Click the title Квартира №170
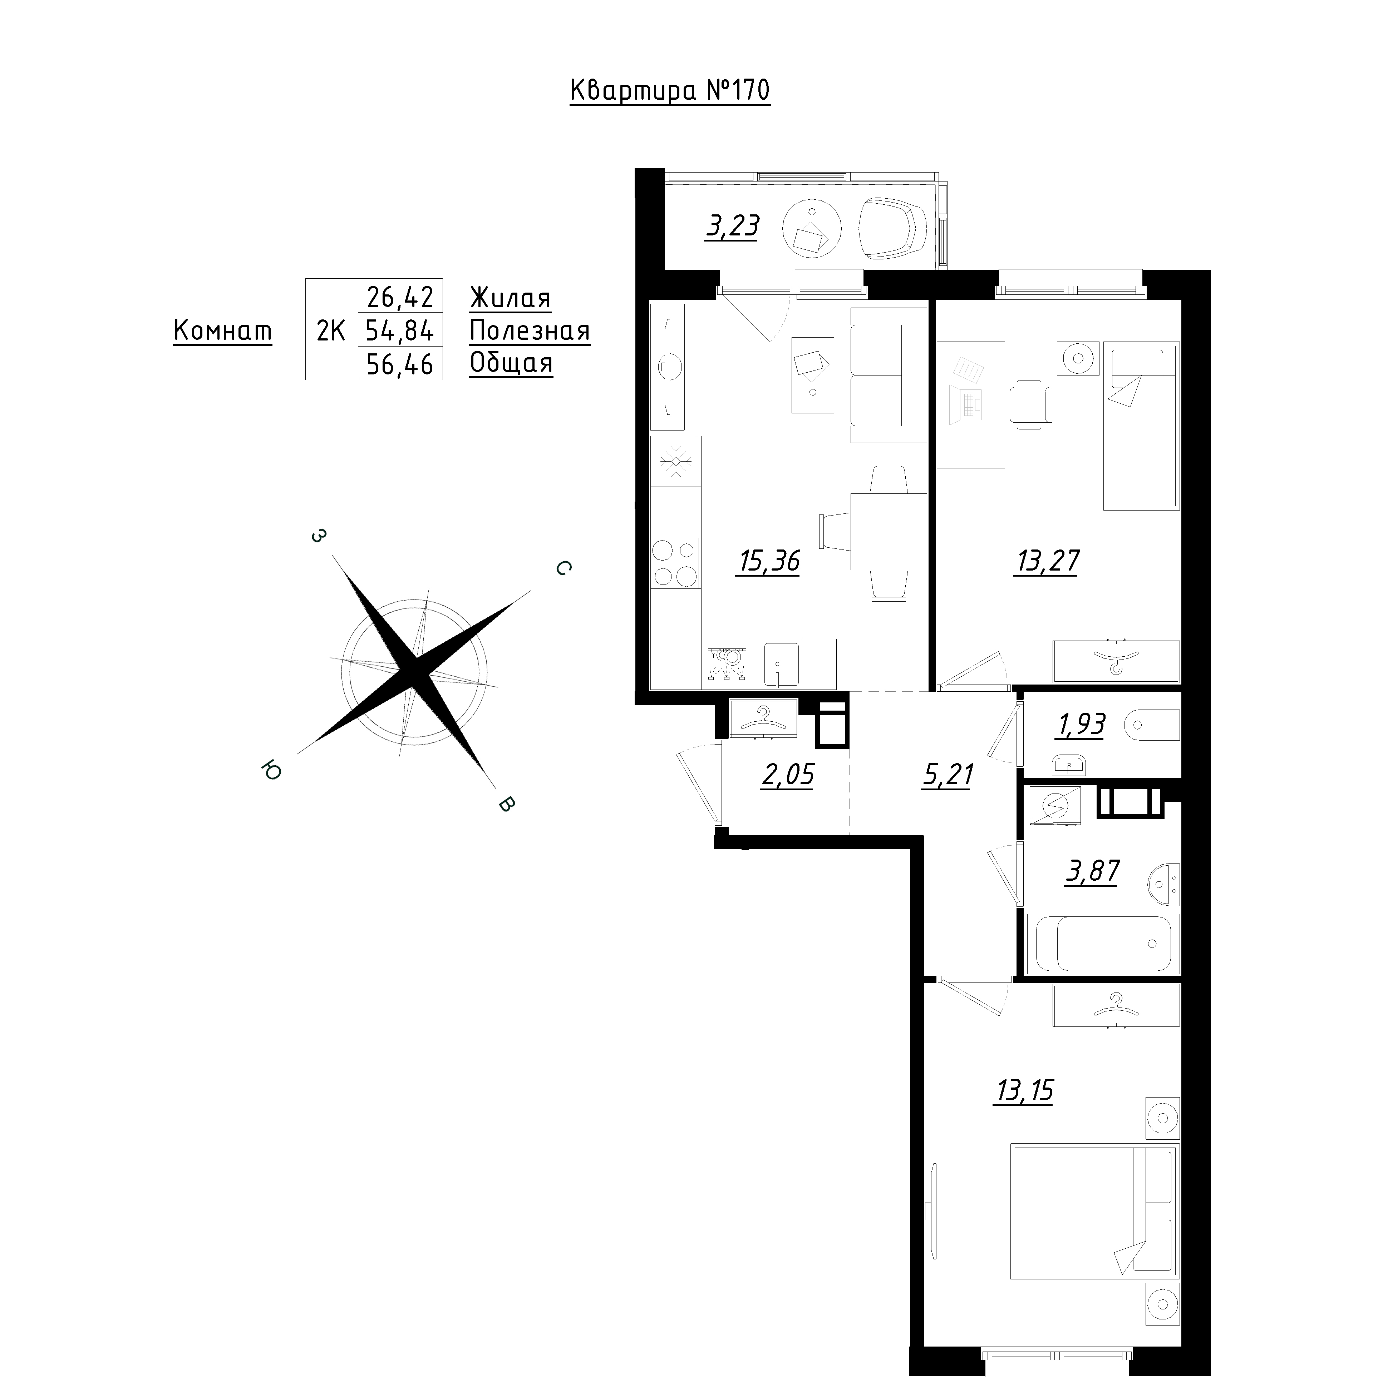(670, 91)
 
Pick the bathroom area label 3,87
(1092, 871)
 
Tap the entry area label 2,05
(788, 775)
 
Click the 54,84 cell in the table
(400, 331)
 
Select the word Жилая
(511, 298)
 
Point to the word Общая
(511, 364)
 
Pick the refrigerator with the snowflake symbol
(675, 462)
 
